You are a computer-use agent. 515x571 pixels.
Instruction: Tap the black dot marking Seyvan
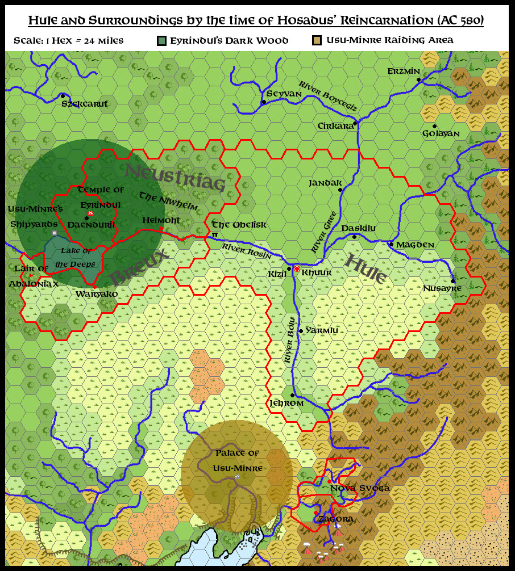pyautogui.click(x=264, y=102)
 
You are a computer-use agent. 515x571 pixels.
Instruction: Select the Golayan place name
pyautogui.click(x=441, y=134)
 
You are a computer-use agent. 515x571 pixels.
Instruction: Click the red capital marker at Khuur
pyautogui.click(x=297, y=268)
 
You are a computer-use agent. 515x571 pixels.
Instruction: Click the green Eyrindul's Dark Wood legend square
pyautogui.click(x=162, y=40)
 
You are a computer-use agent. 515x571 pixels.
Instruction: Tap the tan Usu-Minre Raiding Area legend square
pyautogui.click(x=317, y=40)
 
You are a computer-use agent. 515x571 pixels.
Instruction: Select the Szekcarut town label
pyautogui.click(x=84, y=104)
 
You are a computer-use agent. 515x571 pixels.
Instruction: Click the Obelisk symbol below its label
pyautogui.click(x=215, y=234)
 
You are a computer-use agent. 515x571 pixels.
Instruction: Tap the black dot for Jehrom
pyautogui.click(x=292, y=395)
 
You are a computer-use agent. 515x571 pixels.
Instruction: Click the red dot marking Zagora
pyautogui.click(x=316, y=513)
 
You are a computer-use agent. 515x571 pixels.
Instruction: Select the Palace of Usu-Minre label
pyautogui.click(x=237, y=460)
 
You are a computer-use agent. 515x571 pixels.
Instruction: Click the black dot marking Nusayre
pyautogui.click(x=452, y=281)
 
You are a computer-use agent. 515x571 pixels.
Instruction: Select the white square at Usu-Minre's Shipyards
pyautogui.click(x=55, y=233)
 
